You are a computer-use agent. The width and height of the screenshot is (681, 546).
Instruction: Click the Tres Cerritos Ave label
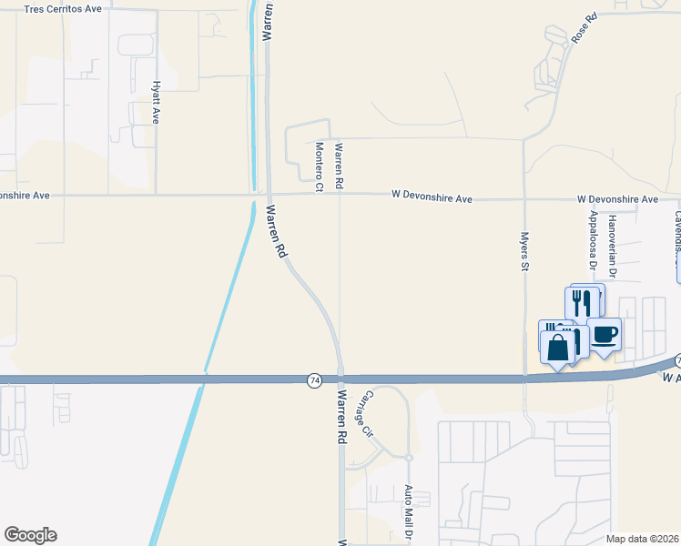(x=62, y=9)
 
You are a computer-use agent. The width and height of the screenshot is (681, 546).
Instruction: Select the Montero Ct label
(x=320, y=167)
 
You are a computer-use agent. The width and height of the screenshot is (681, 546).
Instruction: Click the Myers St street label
(x=524, y=251)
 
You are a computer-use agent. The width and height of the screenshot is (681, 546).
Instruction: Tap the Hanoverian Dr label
(x=614, y=245)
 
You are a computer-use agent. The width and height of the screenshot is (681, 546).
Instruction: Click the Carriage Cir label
(x=364, y=414)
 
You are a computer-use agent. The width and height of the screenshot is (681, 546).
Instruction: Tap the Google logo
(x=30, y=535)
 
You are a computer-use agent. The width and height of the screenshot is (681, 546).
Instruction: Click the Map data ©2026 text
(x=643, y=539)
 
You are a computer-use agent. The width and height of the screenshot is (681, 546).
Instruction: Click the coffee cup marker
(x=605, y=334)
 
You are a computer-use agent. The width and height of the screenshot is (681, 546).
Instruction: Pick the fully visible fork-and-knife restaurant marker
(x=583, y=301)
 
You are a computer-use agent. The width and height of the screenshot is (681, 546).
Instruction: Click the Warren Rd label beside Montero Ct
(x=339, y=166)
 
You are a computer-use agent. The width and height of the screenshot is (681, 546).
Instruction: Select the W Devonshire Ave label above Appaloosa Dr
(x=617, y=198)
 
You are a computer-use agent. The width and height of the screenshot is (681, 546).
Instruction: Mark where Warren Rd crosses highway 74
(x=340, y=378)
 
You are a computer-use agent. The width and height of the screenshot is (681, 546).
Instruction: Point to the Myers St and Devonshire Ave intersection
(x=524, y=197)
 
